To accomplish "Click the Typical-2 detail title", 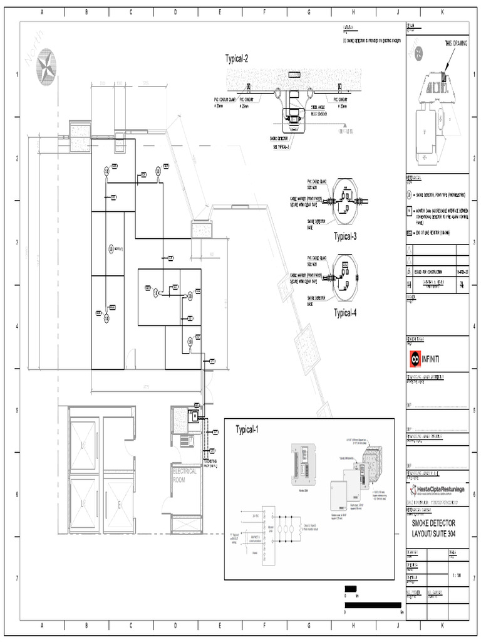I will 237,59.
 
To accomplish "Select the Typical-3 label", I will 345,236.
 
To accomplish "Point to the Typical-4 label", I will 345,313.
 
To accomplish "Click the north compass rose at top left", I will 46,67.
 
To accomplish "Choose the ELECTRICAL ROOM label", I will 185,475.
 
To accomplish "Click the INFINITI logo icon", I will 413,358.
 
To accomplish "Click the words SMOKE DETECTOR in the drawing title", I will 433,523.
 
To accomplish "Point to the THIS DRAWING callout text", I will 456,43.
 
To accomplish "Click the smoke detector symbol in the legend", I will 409,195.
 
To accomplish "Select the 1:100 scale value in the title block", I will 458,574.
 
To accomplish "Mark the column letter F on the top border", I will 264,11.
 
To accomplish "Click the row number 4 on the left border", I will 17,326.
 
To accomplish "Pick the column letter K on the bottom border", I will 442,625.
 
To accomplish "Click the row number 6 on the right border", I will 475,494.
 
